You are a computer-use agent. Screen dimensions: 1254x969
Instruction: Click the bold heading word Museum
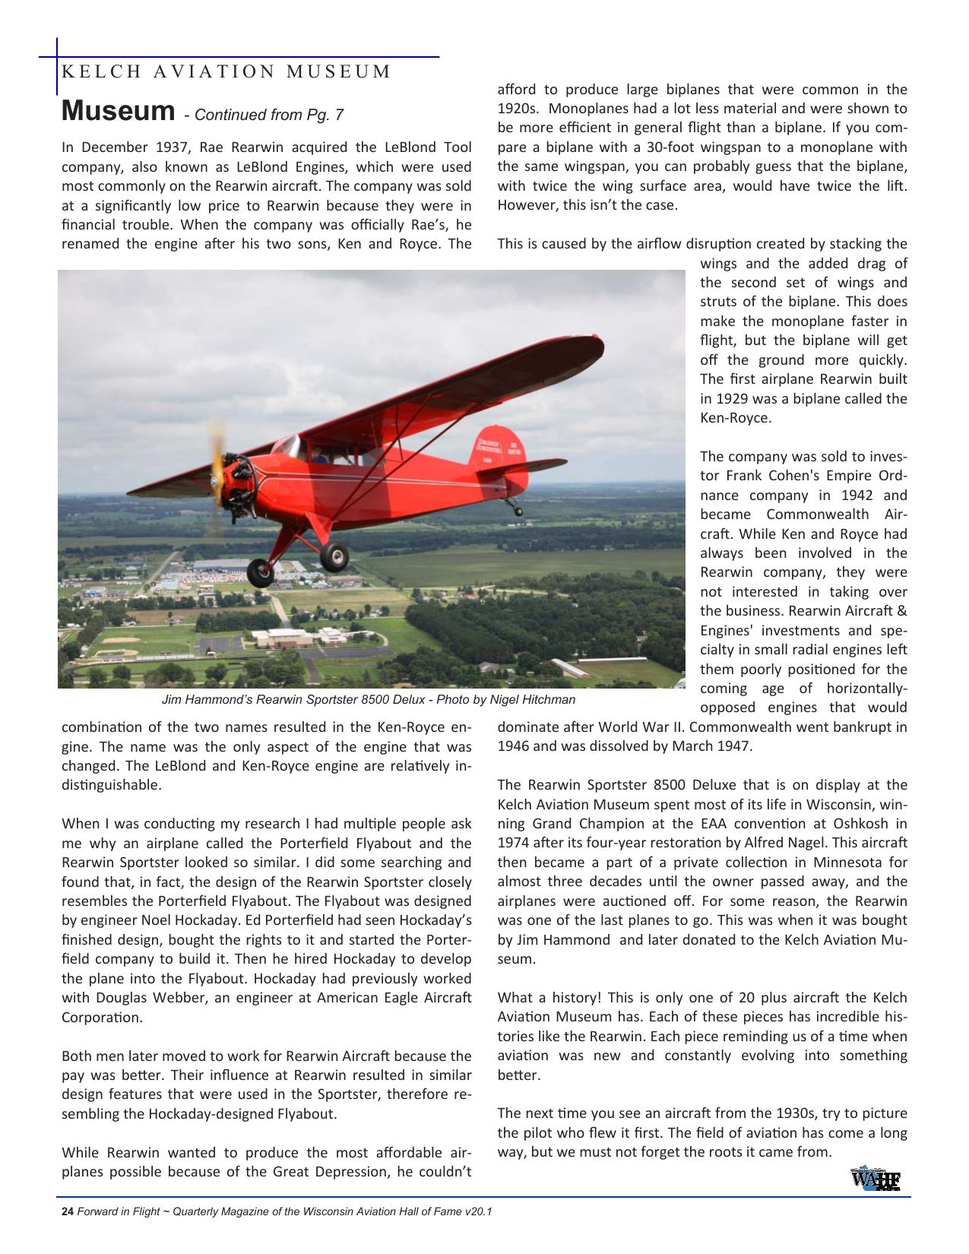click(118, 111)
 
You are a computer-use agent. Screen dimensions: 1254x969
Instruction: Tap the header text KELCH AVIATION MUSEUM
click(226, 72)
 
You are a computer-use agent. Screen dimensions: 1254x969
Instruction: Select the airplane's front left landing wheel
click(261, 571)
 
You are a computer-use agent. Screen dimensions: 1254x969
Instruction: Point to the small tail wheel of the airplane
click(520, 511)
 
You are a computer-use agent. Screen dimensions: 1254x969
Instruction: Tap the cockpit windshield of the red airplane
click(287, 448)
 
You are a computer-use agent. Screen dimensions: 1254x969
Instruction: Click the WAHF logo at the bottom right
click(876, 1179)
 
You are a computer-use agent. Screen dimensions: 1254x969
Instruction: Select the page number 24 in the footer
click(67, 1211)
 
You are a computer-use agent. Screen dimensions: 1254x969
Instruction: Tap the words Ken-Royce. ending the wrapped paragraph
click(735, 418)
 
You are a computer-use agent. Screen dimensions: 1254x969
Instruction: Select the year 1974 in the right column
click(513, 843)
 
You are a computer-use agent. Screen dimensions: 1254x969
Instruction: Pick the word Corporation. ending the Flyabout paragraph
click(102, 1018)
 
